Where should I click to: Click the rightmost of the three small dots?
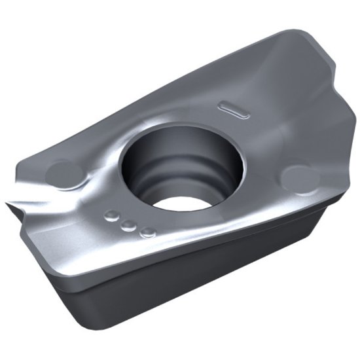148,231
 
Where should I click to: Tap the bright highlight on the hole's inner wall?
209,164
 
